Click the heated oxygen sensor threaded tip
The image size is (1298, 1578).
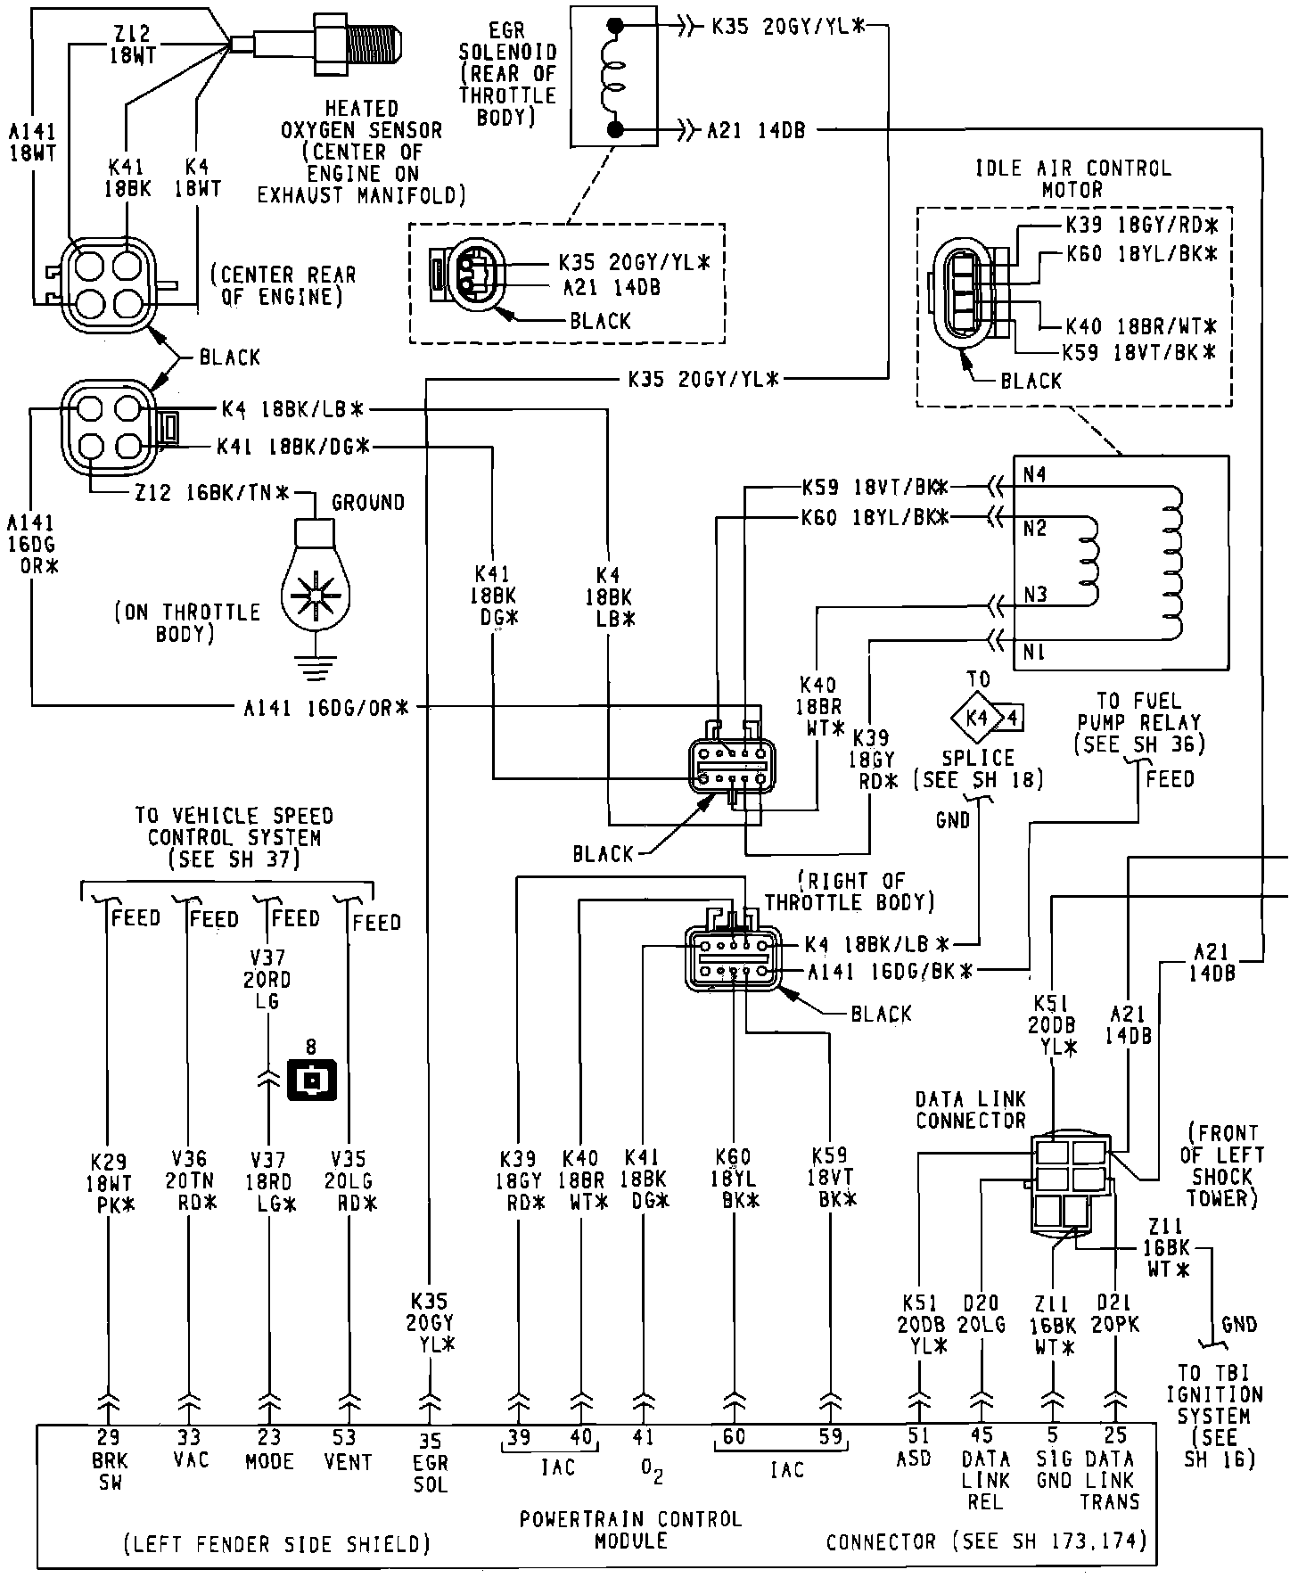(373, 40)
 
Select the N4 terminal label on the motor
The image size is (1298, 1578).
(1035, 475)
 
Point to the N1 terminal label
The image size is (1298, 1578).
(1034, 653)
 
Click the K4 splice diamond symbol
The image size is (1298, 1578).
(978, 716)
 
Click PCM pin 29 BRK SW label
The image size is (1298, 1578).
(110, 1460)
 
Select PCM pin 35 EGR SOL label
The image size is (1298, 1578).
(431, 1463)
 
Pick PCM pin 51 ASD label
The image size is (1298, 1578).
(918, 1448)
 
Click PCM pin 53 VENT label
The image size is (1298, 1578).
(347, 1450)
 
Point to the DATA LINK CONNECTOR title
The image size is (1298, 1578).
(971, 1109)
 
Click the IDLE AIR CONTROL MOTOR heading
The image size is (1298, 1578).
(1072, 178)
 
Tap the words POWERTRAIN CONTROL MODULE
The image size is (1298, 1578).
(630, 1529)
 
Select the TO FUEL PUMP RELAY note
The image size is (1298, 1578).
(1139, 722)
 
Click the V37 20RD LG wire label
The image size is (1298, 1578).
(267, 979)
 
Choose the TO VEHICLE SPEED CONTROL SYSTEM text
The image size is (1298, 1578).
(234, 837)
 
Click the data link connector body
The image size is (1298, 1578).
(1070, 1184)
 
